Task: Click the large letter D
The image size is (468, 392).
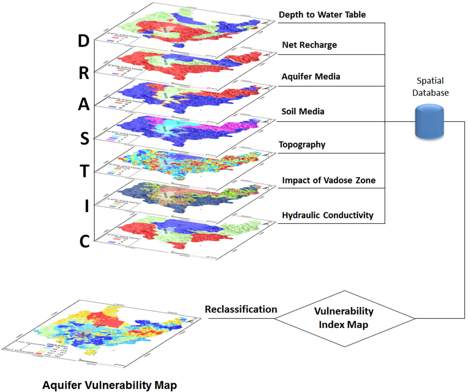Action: coord(84,41)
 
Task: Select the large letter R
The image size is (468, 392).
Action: coord(84,73)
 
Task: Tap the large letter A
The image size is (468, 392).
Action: coord(84,105)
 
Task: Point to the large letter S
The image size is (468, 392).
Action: coord(85,139)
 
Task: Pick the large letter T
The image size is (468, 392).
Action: coord(85,171)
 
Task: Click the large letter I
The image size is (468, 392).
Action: coord(87,206)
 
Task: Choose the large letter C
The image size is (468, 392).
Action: coord(84,241)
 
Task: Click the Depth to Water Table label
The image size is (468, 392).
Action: coord(322,15)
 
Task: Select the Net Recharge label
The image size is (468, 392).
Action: coord(309,45)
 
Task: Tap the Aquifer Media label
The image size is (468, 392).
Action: coord(311,77)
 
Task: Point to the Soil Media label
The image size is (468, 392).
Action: coord(303,111)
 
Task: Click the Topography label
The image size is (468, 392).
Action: coord(302,144)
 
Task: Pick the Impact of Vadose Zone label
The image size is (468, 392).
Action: coord(329,180)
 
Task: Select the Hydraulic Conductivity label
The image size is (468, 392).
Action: coord(328,215)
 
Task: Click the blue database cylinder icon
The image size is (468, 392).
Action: coord(429,122)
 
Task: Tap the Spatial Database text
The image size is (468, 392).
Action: coord(430,87)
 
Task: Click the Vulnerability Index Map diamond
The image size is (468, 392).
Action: coord(344,318)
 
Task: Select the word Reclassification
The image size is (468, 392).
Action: coord(241,309)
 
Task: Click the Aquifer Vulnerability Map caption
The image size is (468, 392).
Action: coord(109,385)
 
